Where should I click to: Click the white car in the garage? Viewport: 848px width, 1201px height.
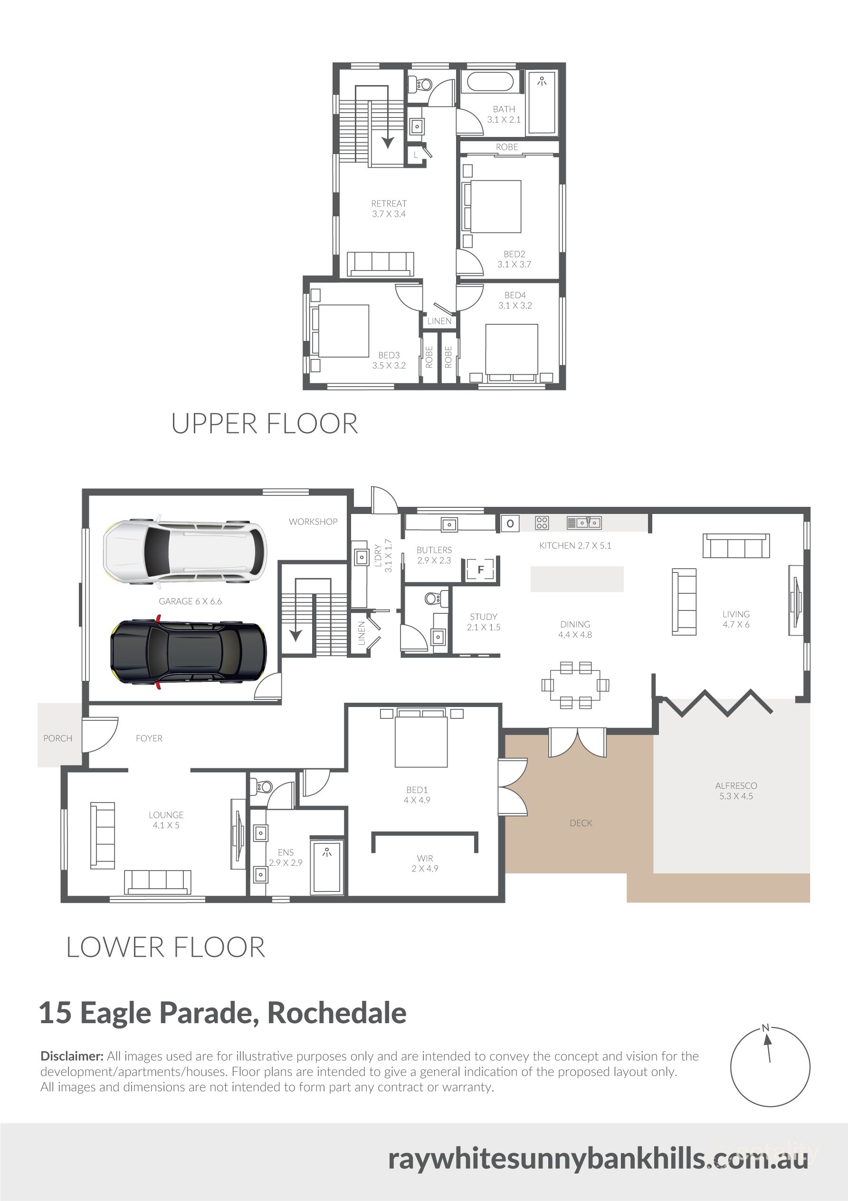point(186,552)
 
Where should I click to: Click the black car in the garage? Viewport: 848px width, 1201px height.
point(188,652)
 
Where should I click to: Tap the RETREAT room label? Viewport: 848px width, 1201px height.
point(389,203)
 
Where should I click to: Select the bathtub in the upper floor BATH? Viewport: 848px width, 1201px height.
point(490,82)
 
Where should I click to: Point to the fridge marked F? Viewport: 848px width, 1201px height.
point(480,570)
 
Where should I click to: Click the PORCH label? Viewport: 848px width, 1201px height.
point(57,738)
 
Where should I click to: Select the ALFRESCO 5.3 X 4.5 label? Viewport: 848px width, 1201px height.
point(735,790)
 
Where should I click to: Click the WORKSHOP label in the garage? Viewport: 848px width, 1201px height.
point(313,522)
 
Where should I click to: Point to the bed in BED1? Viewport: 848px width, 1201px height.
point(421,740)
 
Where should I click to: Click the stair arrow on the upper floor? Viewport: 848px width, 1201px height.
point(387,140)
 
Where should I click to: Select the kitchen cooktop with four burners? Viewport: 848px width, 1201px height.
point(542,523)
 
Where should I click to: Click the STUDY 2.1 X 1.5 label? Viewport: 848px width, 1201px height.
point(483,621)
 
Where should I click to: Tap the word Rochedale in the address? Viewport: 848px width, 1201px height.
point(337,1013)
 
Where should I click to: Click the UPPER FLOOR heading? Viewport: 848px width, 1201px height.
point(265,424)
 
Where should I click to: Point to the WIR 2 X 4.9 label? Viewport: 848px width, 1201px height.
point(425,863)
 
